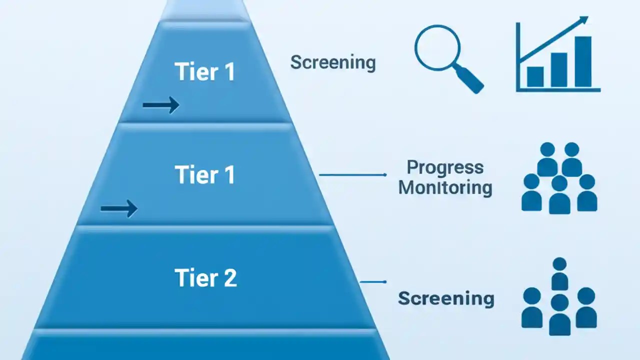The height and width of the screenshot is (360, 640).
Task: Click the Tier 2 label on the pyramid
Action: (205, 278)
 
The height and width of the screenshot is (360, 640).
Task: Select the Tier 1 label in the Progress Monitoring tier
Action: (205, 175)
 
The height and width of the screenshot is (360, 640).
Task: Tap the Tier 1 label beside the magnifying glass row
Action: (205, 72)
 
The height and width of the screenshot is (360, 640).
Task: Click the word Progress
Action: (445, 167)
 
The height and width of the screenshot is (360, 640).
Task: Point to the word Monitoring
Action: (445, 188)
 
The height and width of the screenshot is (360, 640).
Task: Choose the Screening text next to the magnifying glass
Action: (333, 62)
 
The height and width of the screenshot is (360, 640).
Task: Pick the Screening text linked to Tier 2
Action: (446, 298)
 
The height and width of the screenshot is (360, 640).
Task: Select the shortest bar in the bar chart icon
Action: (535, 76)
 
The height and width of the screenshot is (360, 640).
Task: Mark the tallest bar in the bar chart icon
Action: (583, 61)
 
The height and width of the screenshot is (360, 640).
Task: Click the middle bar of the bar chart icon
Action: (559, 69)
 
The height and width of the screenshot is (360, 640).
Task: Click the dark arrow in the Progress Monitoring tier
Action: (118, 208)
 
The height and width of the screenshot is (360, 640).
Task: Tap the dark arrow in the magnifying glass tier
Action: (160, 105)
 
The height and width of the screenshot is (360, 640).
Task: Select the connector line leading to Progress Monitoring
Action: (352, 175)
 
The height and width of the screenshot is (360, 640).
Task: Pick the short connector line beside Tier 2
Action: (373, 282)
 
